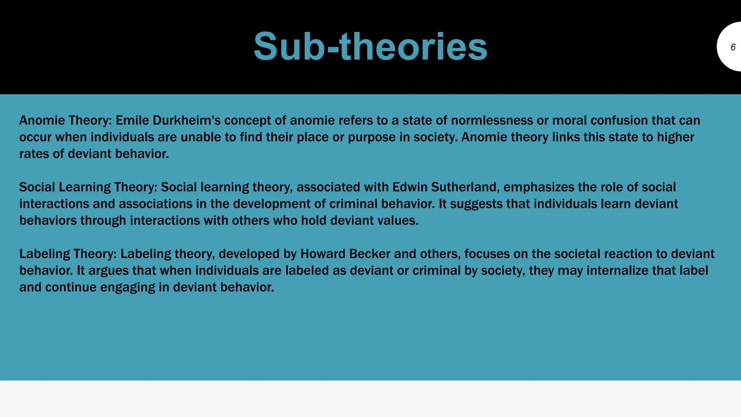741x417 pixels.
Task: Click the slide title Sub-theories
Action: (x=370, y=47)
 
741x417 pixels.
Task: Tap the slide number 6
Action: (x=733, y=47)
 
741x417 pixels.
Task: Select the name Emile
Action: (x=132, y=121)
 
